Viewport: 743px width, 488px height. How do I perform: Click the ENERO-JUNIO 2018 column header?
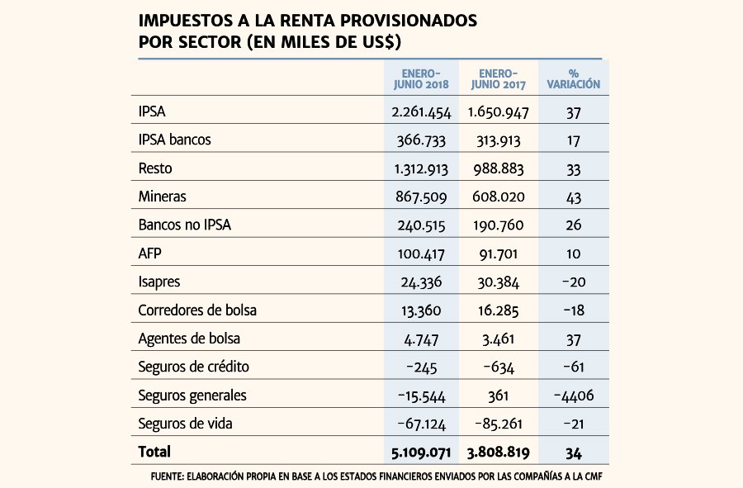click(x=421, y=79)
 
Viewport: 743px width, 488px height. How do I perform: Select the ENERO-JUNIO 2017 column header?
click(x=498, y=79)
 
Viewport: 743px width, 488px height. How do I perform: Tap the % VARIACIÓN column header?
click(x=574, y=79)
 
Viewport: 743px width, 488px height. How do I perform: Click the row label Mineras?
click(x=162, y=197)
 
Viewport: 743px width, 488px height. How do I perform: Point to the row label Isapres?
click(x=159, y=282)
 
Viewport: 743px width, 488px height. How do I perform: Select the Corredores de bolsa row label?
click(x=197, y=310)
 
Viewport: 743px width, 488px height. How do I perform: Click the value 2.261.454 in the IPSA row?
click(x=421, y=112)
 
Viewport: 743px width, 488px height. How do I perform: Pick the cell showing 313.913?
click(x=498, y=140)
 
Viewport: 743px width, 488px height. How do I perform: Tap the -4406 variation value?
click(x=574, y=396)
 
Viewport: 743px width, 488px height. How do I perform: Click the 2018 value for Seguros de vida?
click(x=421, y=424)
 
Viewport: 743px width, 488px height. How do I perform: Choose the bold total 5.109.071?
click(x=421, y=453)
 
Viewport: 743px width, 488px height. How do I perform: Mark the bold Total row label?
click(x=154, y=452)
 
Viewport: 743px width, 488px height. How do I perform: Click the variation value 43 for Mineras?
click(x=574, y=197)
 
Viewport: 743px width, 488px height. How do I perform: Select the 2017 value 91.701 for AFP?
click(x=498, y=254)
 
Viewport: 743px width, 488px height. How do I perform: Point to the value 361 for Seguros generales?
click(x=498, y=396)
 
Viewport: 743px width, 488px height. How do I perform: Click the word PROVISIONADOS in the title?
click(x=409, y=21)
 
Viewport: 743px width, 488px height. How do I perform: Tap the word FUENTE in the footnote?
click(x=167, y=476)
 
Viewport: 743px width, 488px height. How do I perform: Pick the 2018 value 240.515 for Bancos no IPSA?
click(x=421, y=225)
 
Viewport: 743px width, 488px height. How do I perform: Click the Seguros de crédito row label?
click(x=193, y=367)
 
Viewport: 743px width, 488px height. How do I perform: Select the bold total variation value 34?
click(x=574, y=453)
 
